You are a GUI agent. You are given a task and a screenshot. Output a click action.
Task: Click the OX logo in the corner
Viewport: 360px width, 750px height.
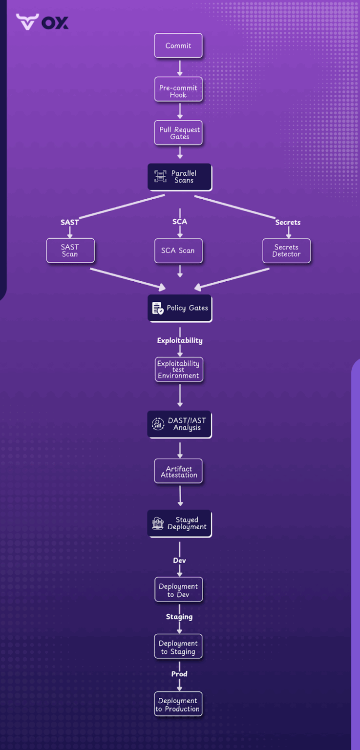(42, 22)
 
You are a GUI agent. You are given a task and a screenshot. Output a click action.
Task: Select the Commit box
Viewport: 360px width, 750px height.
(178, 46)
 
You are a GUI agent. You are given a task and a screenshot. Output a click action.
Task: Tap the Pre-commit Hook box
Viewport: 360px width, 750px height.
(178, 91)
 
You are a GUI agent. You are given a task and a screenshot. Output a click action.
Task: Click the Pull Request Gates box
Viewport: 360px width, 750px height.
(178, 133)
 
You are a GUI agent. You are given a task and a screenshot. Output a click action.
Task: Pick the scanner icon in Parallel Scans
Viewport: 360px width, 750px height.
(160, 177)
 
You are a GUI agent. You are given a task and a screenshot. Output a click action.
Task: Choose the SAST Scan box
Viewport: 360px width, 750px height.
(70, 250)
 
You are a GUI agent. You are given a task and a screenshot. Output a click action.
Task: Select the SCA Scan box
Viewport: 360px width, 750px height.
(178, 250)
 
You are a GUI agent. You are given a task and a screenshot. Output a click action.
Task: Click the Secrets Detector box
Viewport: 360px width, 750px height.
(286, 250)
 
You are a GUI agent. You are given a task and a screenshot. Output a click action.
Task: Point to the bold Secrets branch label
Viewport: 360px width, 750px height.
(288, 222)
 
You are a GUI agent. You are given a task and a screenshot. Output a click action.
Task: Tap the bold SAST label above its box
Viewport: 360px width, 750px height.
(70, 222)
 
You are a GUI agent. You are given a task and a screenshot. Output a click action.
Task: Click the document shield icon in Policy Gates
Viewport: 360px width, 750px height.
(158, 308)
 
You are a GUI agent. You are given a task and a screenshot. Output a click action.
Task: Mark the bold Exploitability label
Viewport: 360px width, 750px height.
(180, 340)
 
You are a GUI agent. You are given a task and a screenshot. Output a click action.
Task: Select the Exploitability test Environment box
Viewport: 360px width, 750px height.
(178, 370)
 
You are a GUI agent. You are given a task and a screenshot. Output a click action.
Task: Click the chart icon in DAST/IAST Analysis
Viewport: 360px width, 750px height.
(158, 424)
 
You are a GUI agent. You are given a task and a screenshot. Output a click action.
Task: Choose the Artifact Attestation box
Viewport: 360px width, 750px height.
(178, 472)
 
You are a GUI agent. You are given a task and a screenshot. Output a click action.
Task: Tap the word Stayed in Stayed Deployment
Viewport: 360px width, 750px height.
(187, 520)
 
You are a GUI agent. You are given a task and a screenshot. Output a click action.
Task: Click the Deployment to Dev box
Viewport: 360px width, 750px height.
(178, 590)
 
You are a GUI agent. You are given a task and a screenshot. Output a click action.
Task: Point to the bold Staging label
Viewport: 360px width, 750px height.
(179, 617)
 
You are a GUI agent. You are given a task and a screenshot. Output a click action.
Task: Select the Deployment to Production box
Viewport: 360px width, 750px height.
(178, 705)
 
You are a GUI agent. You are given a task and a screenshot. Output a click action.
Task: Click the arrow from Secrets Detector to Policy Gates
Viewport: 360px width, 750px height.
(232, 278)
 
